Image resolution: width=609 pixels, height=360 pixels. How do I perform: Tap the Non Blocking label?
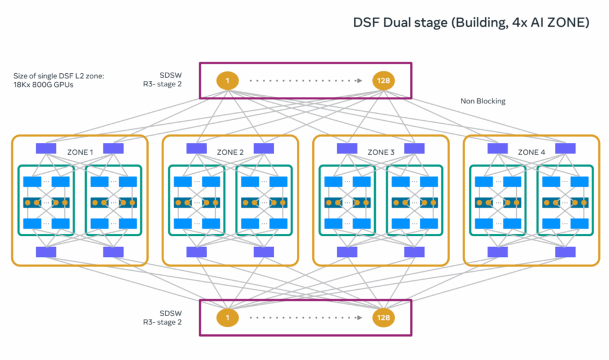click(x=482, y=101)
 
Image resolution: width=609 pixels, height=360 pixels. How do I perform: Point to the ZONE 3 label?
click(x=381, y=152)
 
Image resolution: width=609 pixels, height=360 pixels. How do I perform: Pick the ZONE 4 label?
click(x=531, y=152)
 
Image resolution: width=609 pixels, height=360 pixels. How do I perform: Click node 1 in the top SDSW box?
click(x=227, y=80)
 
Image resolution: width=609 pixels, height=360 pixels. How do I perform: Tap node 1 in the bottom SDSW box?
click(x=227, y=317)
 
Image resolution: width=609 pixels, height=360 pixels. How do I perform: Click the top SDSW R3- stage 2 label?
click(x=167, y=80)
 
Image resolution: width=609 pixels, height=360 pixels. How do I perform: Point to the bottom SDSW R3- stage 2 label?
click(x=167, y=317)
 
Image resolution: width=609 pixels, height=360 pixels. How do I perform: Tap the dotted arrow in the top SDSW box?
click(x=305, y=80)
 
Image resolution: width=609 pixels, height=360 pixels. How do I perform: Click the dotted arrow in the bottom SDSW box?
click(x=305, y=317)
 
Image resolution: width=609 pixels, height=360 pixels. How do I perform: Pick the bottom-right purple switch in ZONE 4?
click(x=564, y=252)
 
